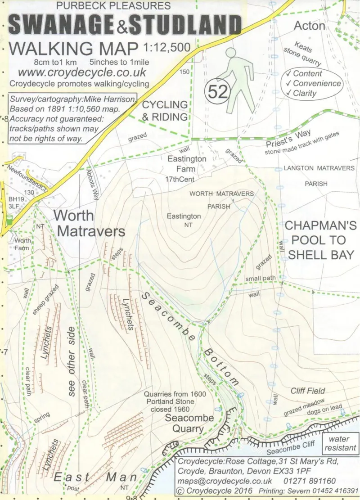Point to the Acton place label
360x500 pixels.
[309, 26]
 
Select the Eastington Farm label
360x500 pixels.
[187, 164]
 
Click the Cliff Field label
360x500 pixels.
[307, 391]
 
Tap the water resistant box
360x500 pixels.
[342, 443]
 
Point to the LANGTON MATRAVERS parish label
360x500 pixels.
[319, 168]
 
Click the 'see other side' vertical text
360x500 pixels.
[71, 366]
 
